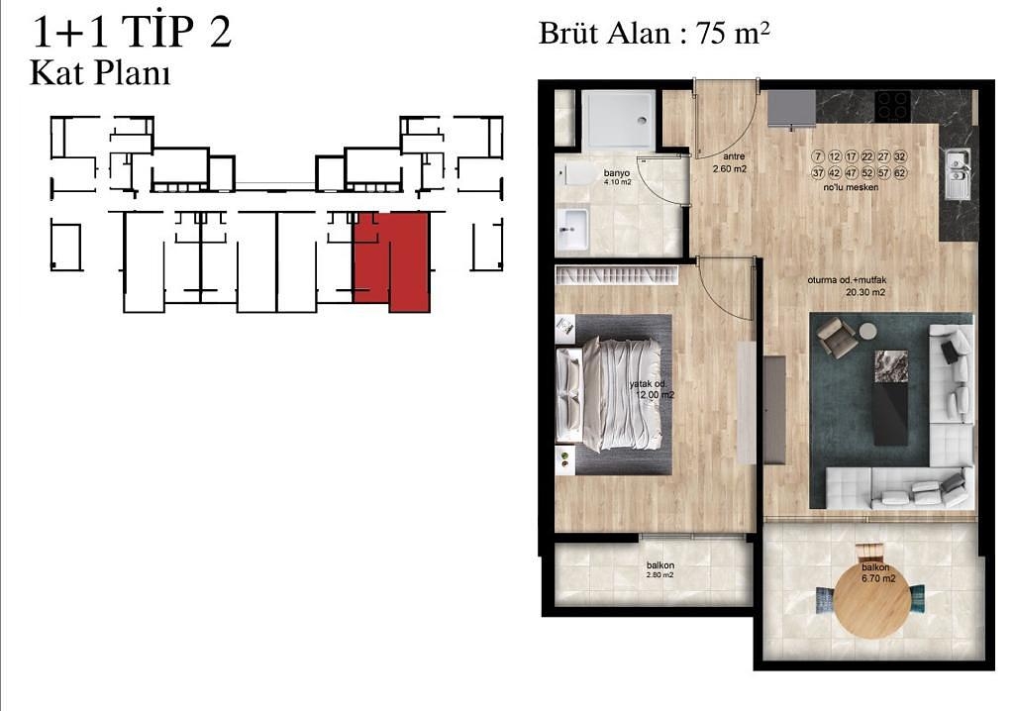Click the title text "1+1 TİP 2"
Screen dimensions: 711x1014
[x=132, y=32]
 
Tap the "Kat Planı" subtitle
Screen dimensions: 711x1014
[x=100, y=73]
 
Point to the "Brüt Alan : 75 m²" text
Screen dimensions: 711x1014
[x=655, y=33]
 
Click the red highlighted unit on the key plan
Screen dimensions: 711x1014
[x=391, y=260]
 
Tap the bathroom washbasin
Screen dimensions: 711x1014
[x=572, y=232]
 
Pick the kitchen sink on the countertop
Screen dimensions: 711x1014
[x=958, y=174]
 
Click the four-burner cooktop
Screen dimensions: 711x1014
[x=894, y=104]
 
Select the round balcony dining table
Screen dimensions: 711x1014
[x=871, y=599]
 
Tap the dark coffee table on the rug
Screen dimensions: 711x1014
[x=890, y=396]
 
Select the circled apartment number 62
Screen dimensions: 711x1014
[x=900, y=173]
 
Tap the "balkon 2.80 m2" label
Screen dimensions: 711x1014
[x=659, y=569]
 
